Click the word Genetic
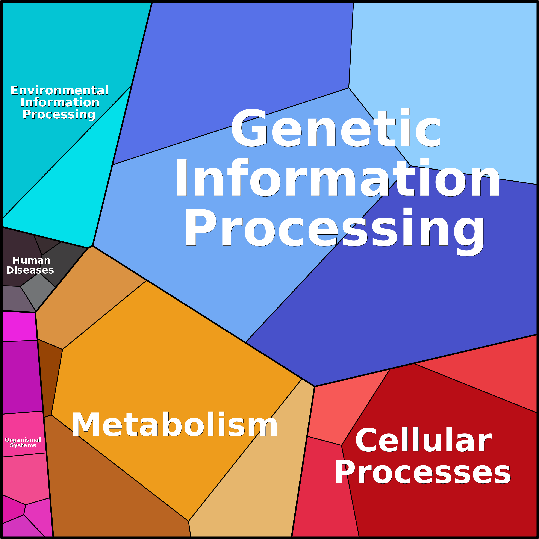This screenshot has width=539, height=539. pos(336,127)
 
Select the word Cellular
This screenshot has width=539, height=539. pos(423,441)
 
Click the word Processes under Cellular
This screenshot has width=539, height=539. pos(423,472)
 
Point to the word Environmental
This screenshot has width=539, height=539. pos(60,90)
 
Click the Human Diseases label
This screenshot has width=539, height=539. pos(30,265)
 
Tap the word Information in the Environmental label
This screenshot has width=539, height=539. pos(60,102)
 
